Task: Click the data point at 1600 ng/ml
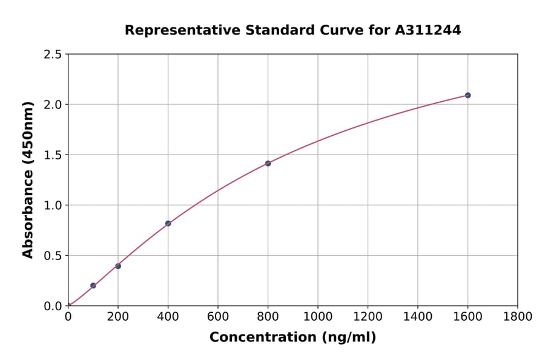click(467, 95)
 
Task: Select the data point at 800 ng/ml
click(268, 163)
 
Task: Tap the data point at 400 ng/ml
click(168, 224)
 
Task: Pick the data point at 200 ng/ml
click(118, 266)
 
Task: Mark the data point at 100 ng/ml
click(93, 285)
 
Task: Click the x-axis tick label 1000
click(318, 316)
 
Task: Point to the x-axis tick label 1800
click(518, 316)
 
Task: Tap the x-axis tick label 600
click(218, 316)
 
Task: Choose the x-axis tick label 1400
click(418, 316)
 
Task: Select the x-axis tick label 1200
click(368, 316)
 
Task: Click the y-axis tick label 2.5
click(53, 55)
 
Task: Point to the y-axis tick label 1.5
click(53, 155)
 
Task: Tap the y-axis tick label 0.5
click(53, 256)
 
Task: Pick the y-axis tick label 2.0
click(53, 105)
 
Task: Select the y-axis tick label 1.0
click(53, 205)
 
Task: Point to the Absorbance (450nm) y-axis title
click(28, 180)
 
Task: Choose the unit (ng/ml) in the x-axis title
click(348, 338)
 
